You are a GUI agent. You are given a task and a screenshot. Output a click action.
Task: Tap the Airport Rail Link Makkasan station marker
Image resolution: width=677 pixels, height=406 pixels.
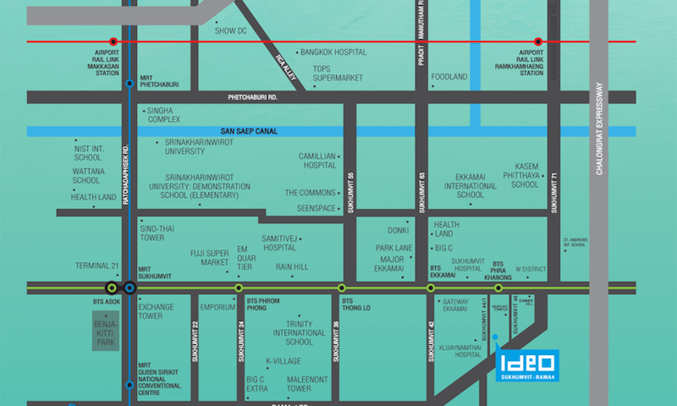[x=113, y=41]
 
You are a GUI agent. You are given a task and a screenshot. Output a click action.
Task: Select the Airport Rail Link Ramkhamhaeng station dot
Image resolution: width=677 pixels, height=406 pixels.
[x=537, y=41]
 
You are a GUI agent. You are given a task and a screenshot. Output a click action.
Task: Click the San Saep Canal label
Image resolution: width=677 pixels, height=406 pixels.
[x=249, y=131]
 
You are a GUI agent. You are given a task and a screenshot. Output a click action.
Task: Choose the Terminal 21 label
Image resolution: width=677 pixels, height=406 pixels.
[x=92, y=265]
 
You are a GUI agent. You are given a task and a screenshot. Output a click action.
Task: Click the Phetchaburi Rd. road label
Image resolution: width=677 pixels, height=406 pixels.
[x=253, y=97]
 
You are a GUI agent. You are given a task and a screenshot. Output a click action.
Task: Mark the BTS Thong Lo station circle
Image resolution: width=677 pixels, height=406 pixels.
[x=342, y=288]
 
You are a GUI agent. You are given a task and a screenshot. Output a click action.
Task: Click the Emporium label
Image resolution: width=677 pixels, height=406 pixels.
[x=217, y=307]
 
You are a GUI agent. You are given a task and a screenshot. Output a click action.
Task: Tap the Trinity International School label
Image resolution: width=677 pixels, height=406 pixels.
[x=288, y=332]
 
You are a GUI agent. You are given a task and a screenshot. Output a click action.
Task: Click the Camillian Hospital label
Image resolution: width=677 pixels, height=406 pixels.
[x=318, y=162]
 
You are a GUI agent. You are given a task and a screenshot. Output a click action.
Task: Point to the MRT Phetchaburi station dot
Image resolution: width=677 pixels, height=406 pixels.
[x=129, y=84]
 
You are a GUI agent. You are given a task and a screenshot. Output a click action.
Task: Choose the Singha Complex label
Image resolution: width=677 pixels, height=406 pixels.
[x=165, y=114]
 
